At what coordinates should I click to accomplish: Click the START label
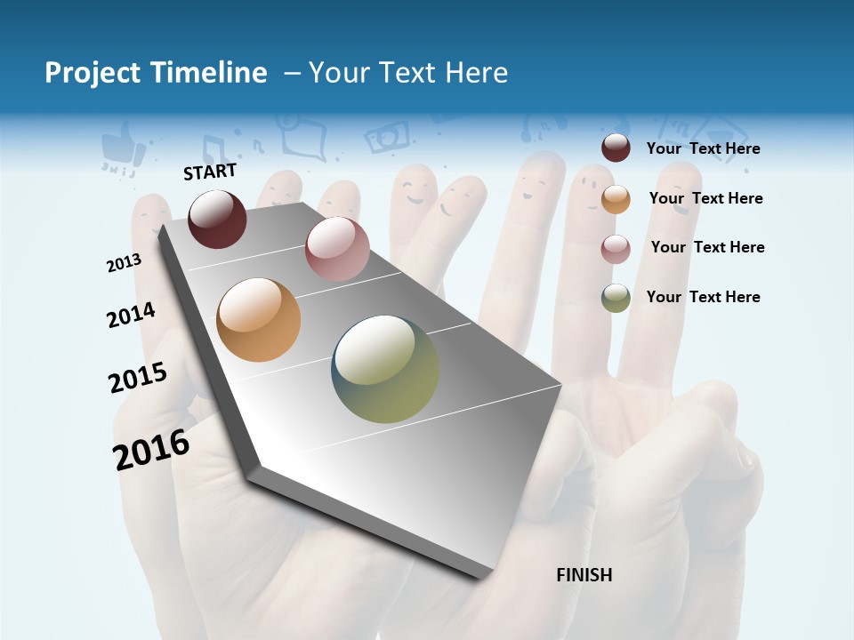pyautogui.click(x=210, y=172)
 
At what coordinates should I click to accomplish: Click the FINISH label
pyautogui.click(x=584, y=575)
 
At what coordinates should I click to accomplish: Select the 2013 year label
pyautogui.click(x=124, y=262)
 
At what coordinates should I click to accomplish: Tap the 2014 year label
pyautogui.click(x=131, y=315)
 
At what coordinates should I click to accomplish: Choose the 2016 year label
pyautogui.click(x=150, y=450)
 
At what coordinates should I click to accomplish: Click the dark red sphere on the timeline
pyautogui.click(x=217, y=219)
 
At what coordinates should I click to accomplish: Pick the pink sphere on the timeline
pyautogui.click(x=337, y=249)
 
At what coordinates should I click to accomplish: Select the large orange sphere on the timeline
pyautogui.click(x=259, y=320)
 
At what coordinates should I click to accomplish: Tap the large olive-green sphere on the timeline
pyautogui.click(x=385, y=369)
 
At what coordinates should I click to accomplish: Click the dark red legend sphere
pyautogui.click(x=616, y=148)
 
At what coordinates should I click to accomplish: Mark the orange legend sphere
pyautogui.click(x=616, y=199)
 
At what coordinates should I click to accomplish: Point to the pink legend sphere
pyautogui.click(x=616, y=249)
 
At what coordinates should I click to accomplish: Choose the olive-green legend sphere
pyautogui.click(x=616, y=298)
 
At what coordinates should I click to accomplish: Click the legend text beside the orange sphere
pyautogui.click(x=705, y=198)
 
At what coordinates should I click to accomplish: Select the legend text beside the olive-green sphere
pyautogui.click(x=703, y=297)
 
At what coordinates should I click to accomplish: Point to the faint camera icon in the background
pyautogui.click(x=388, y=137)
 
